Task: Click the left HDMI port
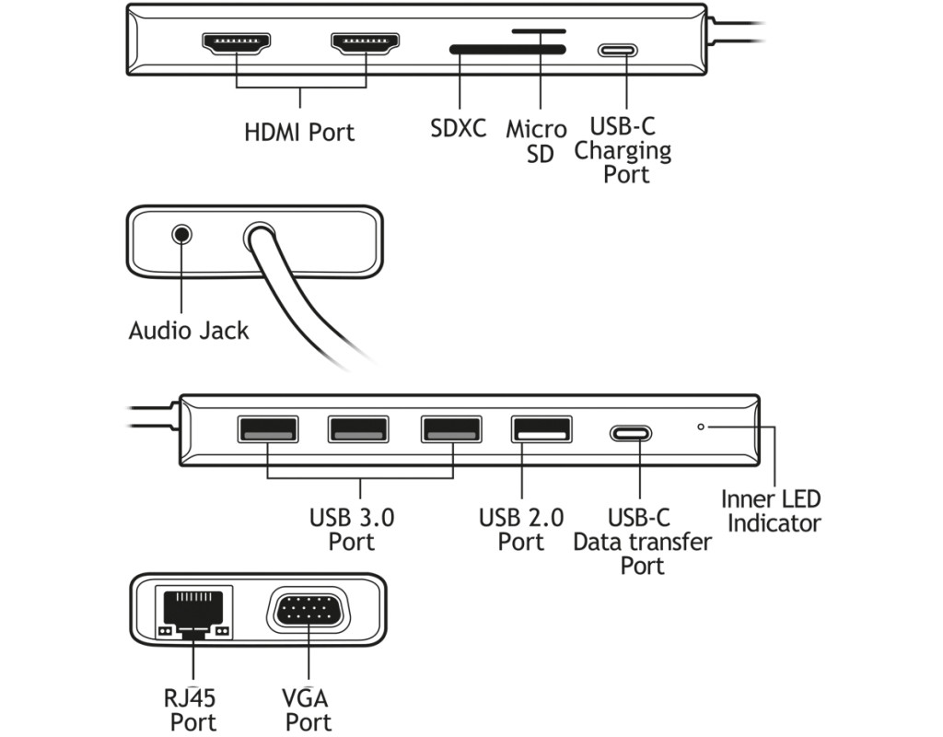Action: point(237,43)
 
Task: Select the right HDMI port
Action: point(367,43)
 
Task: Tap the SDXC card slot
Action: point(506,49)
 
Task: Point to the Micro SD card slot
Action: point(540,30)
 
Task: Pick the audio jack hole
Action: point(182,234)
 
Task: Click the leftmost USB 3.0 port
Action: point(267,429)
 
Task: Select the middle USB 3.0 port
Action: point(358,429)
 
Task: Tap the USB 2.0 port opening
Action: point(541,429)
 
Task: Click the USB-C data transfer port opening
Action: point(631,433)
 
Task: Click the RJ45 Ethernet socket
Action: point(194,610)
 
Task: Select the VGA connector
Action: point(309,612)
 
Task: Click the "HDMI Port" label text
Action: point(299,132)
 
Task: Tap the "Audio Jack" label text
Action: point(189,330)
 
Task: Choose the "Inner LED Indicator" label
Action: point(772,511)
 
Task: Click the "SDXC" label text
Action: point(458,128)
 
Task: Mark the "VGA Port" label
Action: point(309,709)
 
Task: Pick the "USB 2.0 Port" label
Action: point(521,529)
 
